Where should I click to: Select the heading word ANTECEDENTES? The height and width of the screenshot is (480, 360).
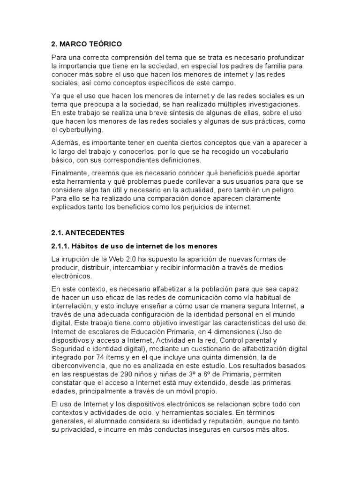pos(99,232)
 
